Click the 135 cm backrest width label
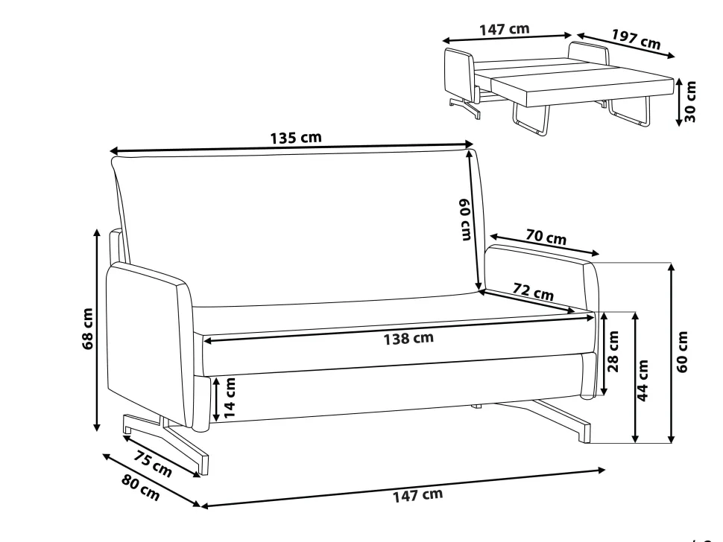tap(296, 138)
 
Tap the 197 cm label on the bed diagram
tap(637, 39)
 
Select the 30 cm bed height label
tap(689, 101)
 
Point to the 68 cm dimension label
tap(88, 329)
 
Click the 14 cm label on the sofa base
tap(229, 398)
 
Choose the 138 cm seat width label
tap(408, 338)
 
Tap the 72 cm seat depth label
tap(534, 292)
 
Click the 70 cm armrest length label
tap(546, 237)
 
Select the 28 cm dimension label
tap(613, 351)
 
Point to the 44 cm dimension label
tap(643, 380)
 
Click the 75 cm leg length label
tap(153, 463)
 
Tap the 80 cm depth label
tap(141, 487)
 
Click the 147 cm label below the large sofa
tap(417, 495)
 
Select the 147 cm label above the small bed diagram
tap(505, 30)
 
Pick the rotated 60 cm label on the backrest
tap(465, 219)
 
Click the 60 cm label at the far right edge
tap(683, 351)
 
